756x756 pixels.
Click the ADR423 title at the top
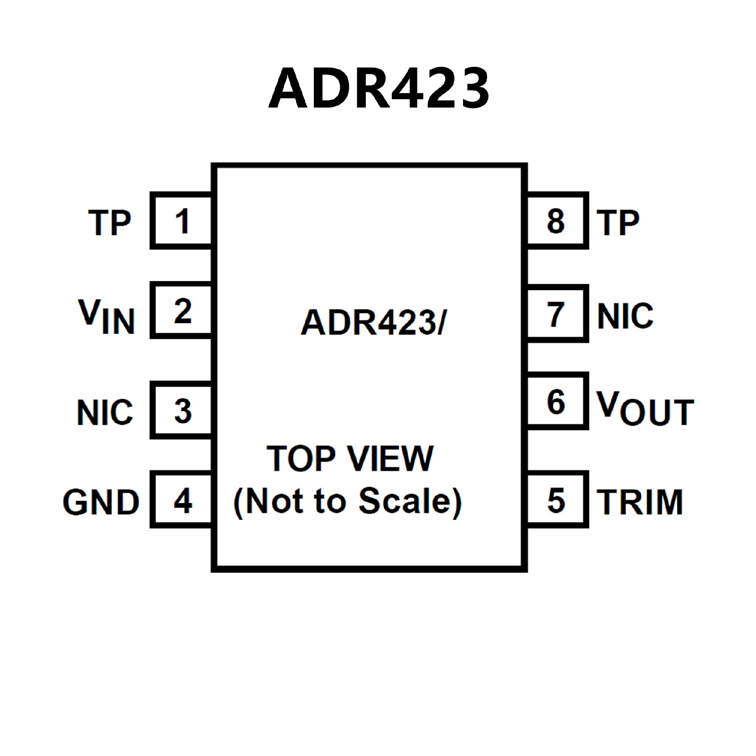tap(379, 87)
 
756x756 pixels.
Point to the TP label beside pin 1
tap(109, 223)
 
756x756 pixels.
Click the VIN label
tap(107, 316)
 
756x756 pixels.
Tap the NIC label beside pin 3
tap(105, 412)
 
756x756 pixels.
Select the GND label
tap(101, 502)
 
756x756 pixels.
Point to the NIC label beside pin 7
tap(625, 316)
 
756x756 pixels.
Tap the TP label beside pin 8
tap(618, 223)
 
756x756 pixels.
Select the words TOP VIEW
tap(350, 459)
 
